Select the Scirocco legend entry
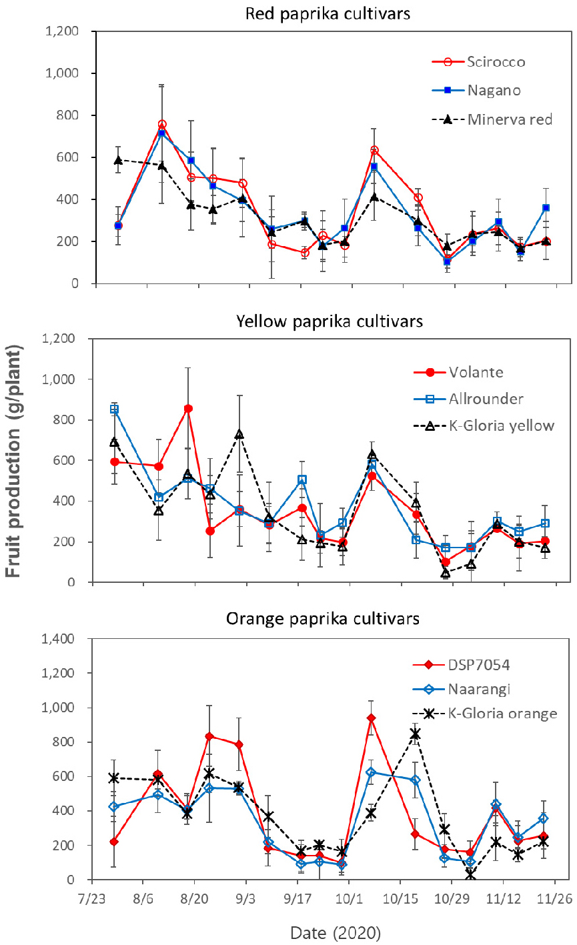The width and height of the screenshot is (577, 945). click(496, 62)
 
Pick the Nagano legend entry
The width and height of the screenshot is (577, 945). click(494, 90)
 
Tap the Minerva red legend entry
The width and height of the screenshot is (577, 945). click(511, 119)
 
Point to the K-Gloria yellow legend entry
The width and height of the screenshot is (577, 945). click(511, 426)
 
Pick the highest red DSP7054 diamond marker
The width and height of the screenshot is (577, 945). click(371, 718)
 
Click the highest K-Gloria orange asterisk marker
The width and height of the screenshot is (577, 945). click(415, 734)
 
